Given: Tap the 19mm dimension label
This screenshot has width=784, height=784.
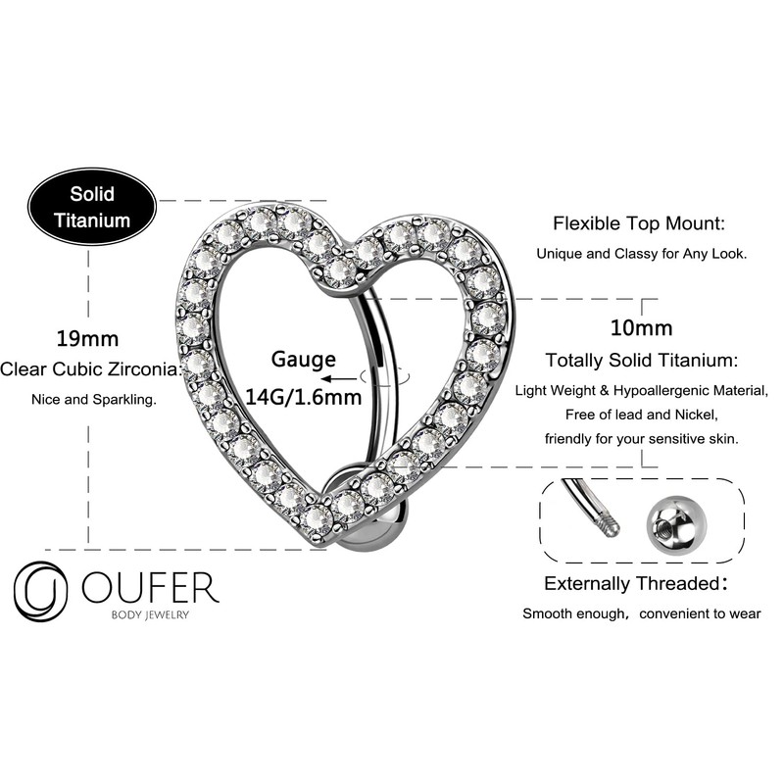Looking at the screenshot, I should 86,340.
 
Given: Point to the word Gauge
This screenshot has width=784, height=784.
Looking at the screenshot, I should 304,360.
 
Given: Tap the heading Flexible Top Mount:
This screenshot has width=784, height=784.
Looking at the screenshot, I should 639,223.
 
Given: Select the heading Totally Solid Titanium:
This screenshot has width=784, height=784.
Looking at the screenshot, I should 642,361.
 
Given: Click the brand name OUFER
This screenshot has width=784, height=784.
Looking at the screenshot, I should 150,587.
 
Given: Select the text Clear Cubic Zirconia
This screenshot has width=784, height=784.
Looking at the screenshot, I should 91,369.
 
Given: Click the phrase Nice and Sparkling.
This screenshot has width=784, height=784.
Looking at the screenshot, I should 86,399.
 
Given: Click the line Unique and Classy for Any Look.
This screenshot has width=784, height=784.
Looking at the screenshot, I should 641,253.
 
